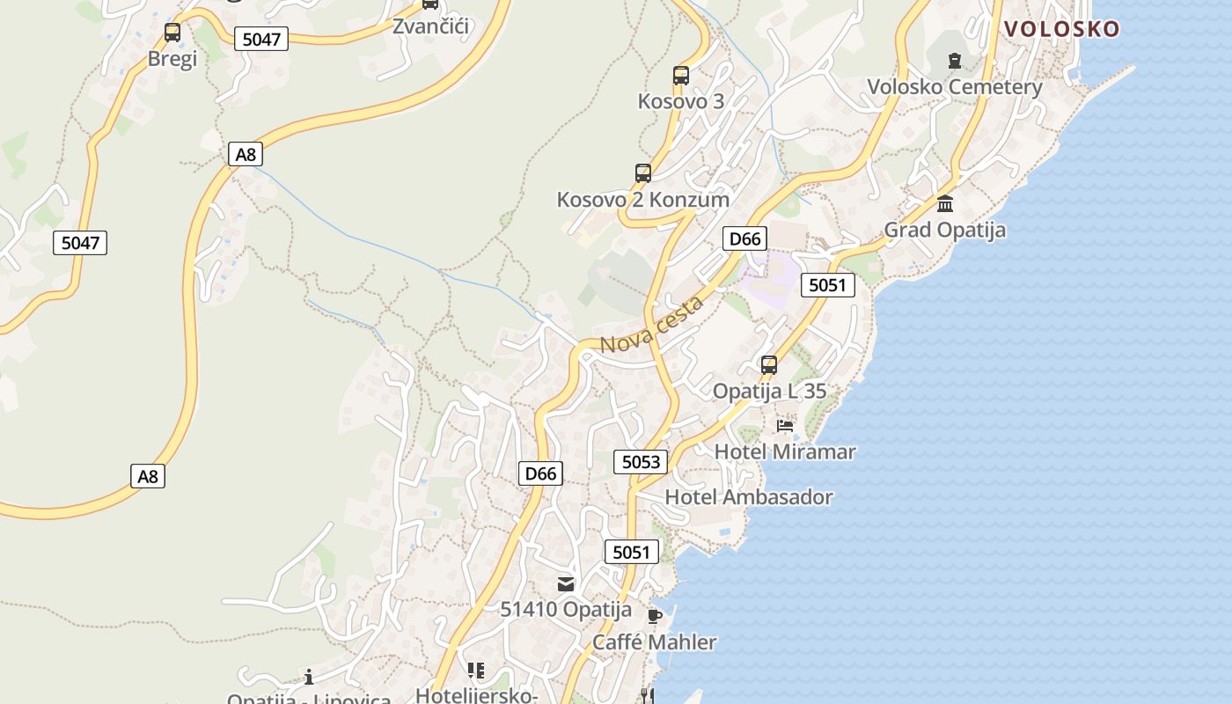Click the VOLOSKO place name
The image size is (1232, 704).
click(1061, 29)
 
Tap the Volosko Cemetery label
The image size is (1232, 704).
click(955, 87)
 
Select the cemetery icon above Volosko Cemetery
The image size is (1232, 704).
click(955, 61)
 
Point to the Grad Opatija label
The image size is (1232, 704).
click(944, 230)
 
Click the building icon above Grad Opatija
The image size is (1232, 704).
click(945, 204)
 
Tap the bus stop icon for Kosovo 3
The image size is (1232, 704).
click(680, 76)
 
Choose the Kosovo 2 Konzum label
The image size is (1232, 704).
click(643, 200)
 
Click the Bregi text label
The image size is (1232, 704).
click(172, 59)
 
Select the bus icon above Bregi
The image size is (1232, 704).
click(172, 33)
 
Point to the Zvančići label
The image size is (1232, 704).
click(431, 26)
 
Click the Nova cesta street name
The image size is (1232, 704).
click(651, 325)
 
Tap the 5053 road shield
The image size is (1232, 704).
click(641, 462)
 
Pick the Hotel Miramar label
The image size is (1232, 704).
click(785, 452)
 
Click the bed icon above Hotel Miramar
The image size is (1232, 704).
click(785, 426)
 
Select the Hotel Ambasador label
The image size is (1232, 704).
click(749, 497)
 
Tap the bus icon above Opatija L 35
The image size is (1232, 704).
click(769, 365)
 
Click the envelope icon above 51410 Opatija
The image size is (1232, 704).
click(566, 583)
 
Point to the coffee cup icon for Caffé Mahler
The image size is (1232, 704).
click(654, 616)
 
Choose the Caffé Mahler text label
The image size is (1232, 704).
click(654, 642)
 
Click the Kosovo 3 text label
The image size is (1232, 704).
click(681, 102)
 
